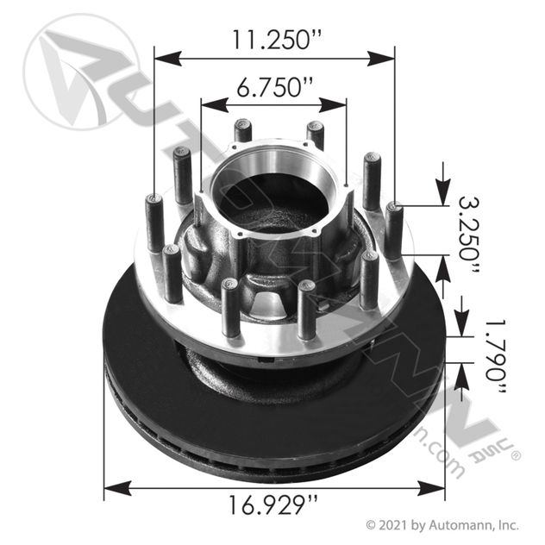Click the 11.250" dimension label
pos(273,39)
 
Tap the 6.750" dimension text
pos(273,87)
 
